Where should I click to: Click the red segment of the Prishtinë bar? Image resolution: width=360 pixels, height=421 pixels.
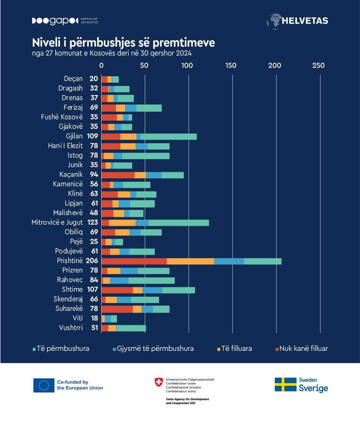tap(134, 261)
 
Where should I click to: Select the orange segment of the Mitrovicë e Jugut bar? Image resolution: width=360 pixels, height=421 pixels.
tap(122, 222)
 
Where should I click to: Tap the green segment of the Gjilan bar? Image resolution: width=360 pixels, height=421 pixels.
tap(169, 137)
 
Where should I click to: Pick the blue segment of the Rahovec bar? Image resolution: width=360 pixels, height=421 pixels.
tap(119, 281)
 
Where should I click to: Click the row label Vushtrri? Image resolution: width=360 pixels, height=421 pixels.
tap(71, 328)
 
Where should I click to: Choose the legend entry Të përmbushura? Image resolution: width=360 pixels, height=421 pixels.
tap(63, 348)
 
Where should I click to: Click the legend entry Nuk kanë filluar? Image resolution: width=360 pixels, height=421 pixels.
tap(303, 348)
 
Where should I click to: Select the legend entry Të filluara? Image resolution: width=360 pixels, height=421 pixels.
tap(237, 348)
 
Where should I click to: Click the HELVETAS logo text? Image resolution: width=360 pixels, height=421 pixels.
tap(305, 21)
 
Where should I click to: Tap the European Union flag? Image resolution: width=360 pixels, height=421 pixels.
tap(44, 385)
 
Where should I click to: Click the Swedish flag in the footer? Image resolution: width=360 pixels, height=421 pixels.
tap(285, 384)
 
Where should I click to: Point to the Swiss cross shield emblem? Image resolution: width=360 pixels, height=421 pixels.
tap(159, 382)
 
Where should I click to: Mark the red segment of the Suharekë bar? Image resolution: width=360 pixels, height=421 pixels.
tap(117, 309)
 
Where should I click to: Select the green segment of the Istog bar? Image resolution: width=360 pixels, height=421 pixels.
tap(145, 156)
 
